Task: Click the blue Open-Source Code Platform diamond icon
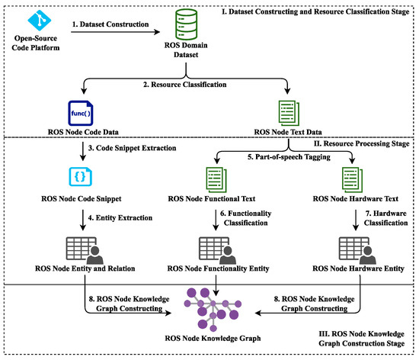(x=40, y=20)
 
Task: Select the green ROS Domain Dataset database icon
(x=186, y=24)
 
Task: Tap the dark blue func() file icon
(x=81, y=113)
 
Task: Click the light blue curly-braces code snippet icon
(x=81, y=176)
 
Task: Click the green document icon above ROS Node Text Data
(x=289, y=113)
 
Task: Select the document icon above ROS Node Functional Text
(x=216, y=180)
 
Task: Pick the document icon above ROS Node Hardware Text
(x=352, y=180)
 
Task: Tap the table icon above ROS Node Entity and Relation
(x=85, y=251)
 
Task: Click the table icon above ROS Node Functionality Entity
(x=217, y=251)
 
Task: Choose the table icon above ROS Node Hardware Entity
(x=357, y=251)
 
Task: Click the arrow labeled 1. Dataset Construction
(x=116, y=32)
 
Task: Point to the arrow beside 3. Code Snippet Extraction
(x=83, y=151)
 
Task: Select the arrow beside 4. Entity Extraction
(x=83, y=220)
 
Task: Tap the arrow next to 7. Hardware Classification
(x=356, y=220)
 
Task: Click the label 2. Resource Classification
(x=184, y=85)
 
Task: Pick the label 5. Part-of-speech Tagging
(x=289, y=157)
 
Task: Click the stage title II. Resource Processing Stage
(x=362, y=143)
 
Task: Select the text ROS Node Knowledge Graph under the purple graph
(x=213, y=339)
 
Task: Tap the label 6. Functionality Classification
(x=245, y=218)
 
